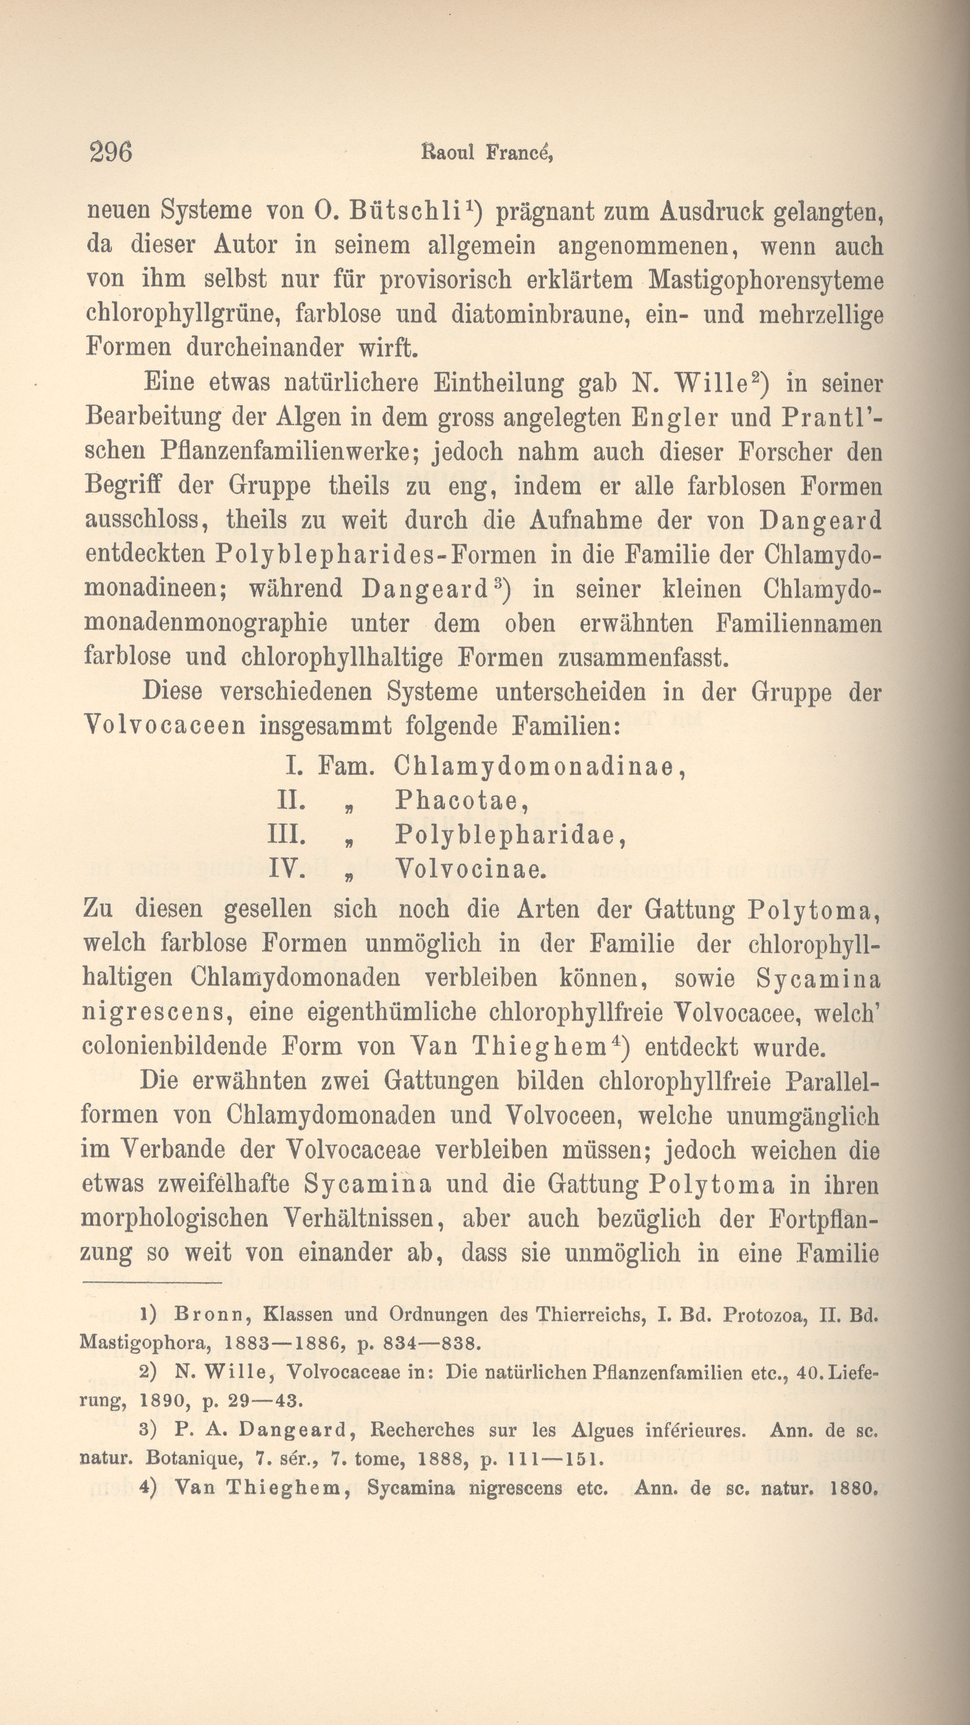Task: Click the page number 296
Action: [111, 153]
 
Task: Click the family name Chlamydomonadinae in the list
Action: [534, 767]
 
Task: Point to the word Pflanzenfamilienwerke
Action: [290, 452]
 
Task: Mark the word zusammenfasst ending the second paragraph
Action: [643, 658]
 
